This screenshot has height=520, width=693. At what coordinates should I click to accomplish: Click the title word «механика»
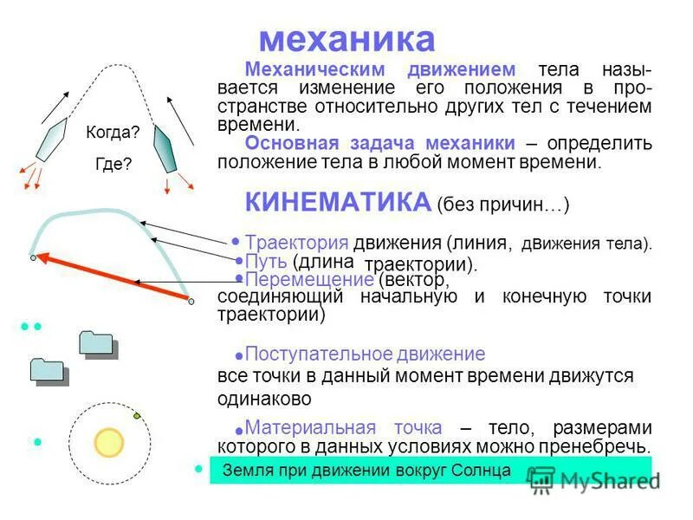click(346, 39)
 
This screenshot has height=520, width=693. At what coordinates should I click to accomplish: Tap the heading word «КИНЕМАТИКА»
click(338, 203)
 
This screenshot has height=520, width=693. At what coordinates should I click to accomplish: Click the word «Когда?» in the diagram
click(113, 133)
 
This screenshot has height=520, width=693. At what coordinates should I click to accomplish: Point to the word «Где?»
click(113, 162)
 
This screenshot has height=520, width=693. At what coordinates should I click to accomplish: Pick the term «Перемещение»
click(309, 280)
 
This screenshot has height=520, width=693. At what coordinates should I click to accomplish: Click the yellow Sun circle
click(110, 443)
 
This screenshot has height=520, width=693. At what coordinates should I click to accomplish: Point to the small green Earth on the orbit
click(136, 416)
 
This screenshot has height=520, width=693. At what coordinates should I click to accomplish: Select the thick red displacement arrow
click(113, 277)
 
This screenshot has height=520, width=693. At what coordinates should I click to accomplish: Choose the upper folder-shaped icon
click(97, 343)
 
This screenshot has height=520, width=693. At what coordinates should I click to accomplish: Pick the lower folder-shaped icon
click(49, 370)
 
